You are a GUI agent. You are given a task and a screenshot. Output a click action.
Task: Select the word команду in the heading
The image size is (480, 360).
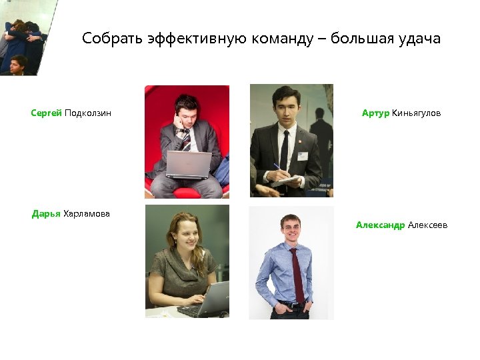(283, 39)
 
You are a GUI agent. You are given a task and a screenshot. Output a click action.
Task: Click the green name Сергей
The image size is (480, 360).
(46, 113)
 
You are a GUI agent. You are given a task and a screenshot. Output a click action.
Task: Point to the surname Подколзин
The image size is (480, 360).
(88, 113)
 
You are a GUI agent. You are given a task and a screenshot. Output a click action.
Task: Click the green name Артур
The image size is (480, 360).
(375, 113)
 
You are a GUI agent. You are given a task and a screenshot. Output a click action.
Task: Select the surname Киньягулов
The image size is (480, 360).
(417, 113)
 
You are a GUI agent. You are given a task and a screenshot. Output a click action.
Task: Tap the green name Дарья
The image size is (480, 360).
(46, 214)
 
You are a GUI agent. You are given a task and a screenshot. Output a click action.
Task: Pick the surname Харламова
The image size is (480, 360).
(87, 214)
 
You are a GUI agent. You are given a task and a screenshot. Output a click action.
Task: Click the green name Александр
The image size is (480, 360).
(380, 225)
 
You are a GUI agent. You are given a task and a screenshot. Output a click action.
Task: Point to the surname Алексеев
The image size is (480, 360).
(428, 225)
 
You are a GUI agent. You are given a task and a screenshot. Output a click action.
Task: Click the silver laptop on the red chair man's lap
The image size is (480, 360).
(189, 164)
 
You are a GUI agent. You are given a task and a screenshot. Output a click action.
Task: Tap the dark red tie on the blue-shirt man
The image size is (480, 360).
(297, 273)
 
